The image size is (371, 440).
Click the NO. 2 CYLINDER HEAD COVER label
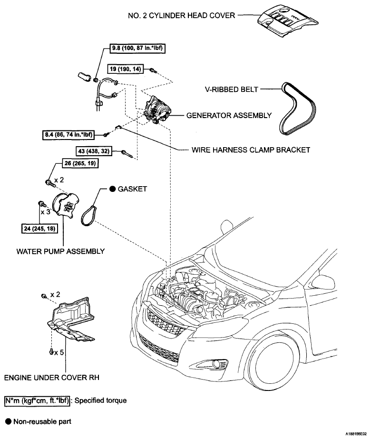181,15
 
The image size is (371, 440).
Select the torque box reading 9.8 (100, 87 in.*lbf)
137,48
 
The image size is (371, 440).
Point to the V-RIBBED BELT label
232,90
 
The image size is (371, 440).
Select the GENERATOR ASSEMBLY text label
229,115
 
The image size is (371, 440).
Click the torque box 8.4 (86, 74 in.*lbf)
68,135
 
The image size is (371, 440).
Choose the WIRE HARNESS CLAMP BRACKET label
251,150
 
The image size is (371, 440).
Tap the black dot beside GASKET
112,189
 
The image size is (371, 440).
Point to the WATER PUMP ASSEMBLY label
60,251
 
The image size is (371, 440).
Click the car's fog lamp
216,364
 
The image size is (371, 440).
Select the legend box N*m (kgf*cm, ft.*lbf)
37,400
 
